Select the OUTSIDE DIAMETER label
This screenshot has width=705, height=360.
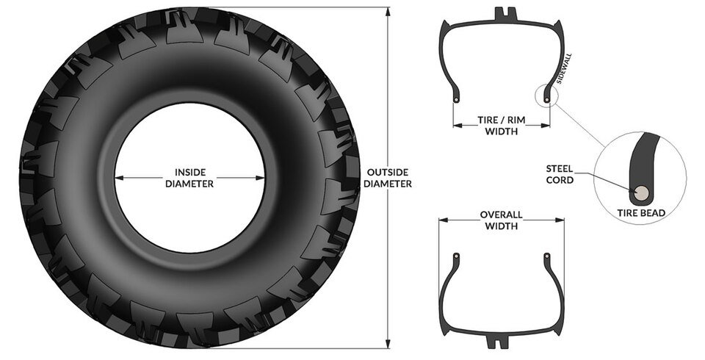point(387,178)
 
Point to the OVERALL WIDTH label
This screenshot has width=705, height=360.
point(501,220)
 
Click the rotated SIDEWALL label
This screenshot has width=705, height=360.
point(565,70)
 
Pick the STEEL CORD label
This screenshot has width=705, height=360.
point(559,173)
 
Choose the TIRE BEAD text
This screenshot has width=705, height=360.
point(641,213)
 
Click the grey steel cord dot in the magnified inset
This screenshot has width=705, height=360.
point(640,192)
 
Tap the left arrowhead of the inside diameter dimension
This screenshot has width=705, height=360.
point(118,178)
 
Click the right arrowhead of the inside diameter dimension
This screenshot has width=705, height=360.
point(261,178)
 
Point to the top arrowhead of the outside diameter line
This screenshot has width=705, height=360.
point(387,10)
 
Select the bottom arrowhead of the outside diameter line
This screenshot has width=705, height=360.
point(387,346)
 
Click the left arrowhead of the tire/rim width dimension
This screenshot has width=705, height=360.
point(455,126)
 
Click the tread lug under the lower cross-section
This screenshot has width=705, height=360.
point(502,342)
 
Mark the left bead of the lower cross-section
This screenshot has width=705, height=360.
point(456,255)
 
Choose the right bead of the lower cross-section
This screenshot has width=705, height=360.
point(546,255)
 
